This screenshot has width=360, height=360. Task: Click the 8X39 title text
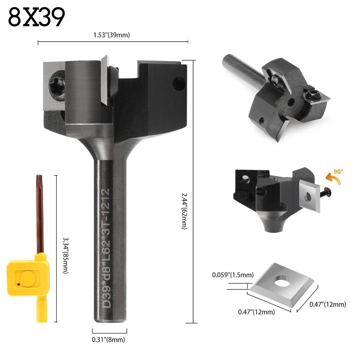click(x=36, y=17)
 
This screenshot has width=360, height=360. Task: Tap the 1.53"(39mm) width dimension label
click(x=112, y=35)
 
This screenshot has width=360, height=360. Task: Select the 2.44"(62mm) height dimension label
click(x=184, y=211)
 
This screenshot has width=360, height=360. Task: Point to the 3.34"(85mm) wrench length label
click(x=66, y=255)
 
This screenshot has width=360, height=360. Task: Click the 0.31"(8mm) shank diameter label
click(x=108, y=339)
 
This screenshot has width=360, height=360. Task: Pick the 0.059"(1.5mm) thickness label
click(x=233, y=275)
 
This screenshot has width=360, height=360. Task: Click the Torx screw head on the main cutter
click(x=57, y=85)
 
